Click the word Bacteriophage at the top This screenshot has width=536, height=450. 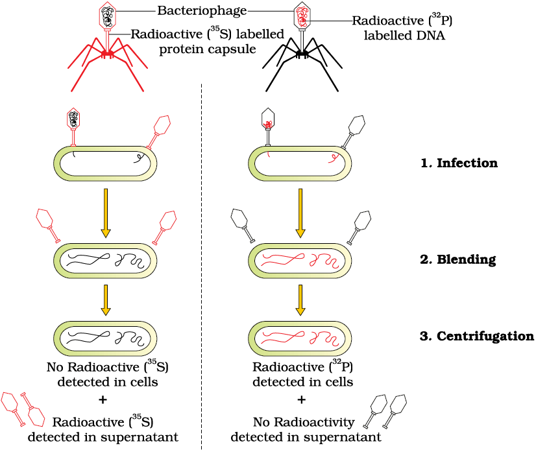point(202,11)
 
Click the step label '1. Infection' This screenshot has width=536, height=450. point(459,163)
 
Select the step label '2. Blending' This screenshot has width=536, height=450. point(458,259)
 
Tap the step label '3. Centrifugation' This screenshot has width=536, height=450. point(477,337)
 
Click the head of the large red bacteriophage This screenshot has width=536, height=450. point(108,16)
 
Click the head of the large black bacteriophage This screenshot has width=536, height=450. point(302,16)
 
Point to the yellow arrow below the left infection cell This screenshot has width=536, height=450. point(106,213)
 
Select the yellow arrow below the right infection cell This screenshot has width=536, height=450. point(300,213)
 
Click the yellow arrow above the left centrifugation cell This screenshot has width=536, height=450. point(106,300)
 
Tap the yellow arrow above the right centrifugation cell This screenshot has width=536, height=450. point(300,300)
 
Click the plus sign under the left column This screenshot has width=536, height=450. point(103,399)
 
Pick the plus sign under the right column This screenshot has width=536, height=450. point(301,399)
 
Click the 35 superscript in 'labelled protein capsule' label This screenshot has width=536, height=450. point(215,29)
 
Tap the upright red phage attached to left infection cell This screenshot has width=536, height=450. point(73,127)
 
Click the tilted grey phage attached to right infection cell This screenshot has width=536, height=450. point(353,132)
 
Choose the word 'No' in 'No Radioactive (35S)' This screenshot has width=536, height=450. point(55,367)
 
